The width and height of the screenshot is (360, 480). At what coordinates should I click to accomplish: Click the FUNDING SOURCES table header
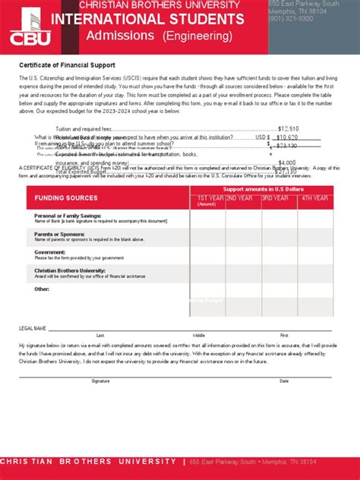pos(66,199)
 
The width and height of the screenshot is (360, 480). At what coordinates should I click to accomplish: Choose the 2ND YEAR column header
pos(242,198)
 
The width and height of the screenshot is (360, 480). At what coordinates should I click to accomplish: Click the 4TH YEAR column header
pos(314,198)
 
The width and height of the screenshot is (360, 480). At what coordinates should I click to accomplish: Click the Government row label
pos(50,252)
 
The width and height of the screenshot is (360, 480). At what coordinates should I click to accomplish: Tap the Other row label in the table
pos(42,289)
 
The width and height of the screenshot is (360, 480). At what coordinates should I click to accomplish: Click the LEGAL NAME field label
pos(33,328)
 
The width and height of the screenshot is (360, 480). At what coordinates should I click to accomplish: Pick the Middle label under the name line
pos(199,335)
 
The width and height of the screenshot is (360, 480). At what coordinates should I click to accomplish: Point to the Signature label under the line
pos(100,381)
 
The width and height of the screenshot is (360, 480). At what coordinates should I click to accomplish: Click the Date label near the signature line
pos(284,381)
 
